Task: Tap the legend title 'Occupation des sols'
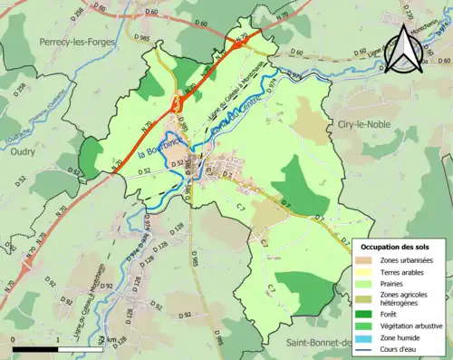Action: [396, 247]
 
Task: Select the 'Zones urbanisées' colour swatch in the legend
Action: [365, 260]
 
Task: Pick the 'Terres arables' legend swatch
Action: [365, 272]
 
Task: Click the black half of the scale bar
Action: [36, 348]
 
